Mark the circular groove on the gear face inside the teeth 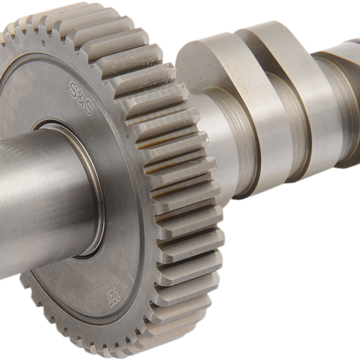pos(150,225)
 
